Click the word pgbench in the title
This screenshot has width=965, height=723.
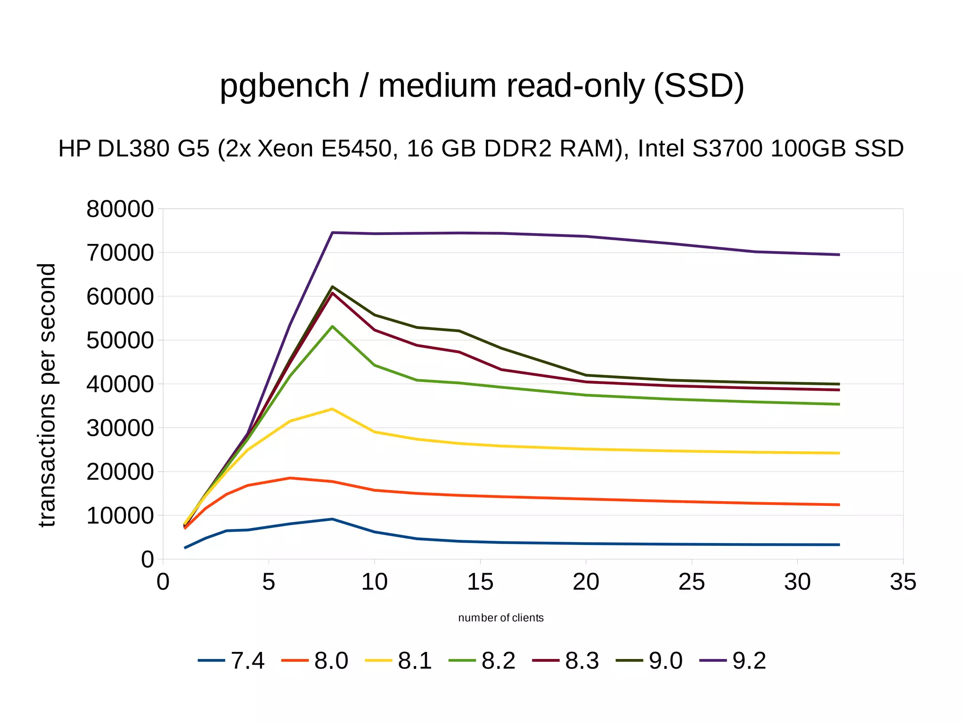284,87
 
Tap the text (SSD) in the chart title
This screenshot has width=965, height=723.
698,87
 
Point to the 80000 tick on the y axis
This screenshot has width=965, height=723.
120,209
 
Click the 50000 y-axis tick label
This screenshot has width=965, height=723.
120,341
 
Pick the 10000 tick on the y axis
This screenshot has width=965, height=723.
120,516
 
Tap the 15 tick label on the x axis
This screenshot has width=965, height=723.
480,582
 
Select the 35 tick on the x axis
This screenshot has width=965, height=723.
903,582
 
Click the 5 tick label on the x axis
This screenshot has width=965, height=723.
269,582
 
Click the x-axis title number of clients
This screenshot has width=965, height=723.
501,618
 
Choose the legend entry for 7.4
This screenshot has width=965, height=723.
231,660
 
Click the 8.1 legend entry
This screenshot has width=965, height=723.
399,660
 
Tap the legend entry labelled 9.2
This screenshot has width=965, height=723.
733,660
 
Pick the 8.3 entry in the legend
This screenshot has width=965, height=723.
566,660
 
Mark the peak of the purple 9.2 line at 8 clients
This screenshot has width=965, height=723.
332,233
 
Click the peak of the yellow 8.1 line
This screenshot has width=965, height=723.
332,409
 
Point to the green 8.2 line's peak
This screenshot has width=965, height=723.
332,326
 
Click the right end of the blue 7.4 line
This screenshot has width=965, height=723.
839,544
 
